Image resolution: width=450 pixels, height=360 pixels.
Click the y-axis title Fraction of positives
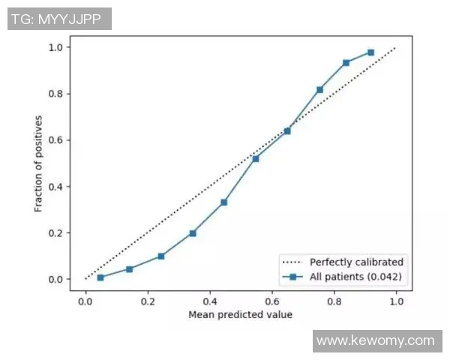pos(38,163)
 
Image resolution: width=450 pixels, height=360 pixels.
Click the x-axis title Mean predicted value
pos(240,314)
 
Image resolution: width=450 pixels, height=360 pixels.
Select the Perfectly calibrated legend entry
pos(356,262)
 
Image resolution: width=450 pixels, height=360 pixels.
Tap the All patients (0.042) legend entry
pos(356,277)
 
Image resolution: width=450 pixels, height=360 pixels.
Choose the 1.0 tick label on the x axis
pos(395,300)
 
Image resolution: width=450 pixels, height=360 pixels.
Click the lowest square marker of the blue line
pos(100,277)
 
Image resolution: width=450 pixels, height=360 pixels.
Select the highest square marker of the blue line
pos(370,52)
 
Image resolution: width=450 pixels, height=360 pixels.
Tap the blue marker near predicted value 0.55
pos(256,158)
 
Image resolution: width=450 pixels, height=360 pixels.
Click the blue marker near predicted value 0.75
pos(320,89)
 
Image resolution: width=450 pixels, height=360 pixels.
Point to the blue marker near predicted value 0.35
pos(193,233)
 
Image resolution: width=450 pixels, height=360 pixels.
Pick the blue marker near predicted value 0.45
pos(223,202)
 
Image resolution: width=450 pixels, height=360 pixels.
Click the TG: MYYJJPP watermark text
pos(59,19)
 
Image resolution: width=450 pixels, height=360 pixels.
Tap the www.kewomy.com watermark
pos(375,341)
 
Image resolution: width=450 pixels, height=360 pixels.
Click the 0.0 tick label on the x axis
pos(85,300)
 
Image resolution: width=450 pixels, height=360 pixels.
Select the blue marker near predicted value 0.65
pos(287,130)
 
